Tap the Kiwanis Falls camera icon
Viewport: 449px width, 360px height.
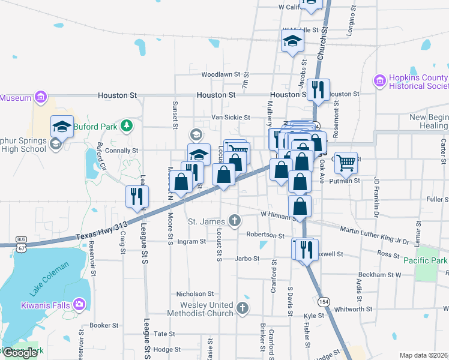[79, 304]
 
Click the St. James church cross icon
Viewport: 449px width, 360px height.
[237, 220]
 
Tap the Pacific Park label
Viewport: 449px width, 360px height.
[425, 260]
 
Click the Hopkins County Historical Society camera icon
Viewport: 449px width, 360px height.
[379, 80]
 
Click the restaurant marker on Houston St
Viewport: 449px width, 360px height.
[317, 90]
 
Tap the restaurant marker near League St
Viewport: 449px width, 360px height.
[137, 196]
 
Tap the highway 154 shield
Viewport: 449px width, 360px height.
[324, 301]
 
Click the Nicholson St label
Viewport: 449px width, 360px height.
[195, 294]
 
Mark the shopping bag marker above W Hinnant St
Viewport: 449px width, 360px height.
[300, 206]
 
